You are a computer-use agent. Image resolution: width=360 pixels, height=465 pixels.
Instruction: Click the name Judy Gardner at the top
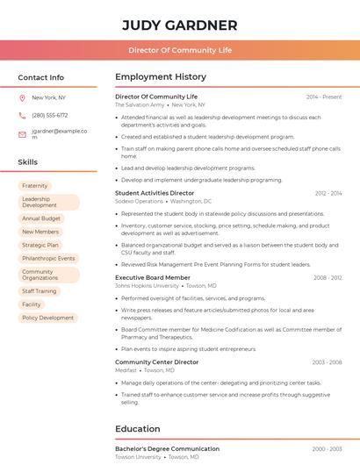[179, 25]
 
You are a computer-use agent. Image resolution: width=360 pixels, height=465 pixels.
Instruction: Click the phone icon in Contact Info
[22, 115]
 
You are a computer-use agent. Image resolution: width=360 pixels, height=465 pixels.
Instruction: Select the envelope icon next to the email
[22, 134]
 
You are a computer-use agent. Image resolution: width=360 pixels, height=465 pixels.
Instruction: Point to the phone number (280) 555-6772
[49, 115]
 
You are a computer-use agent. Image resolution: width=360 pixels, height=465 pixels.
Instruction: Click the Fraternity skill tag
[35, 186]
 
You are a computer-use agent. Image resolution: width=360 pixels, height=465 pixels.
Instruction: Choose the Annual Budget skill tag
[41, 218]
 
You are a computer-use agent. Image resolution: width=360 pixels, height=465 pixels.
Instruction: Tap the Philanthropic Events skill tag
[48, 259]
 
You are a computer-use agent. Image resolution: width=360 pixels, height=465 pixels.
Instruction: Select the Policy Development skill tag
[48, 318]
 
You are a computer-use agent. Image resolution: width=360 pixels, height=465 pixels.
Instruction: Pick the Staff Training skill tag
[39, 291]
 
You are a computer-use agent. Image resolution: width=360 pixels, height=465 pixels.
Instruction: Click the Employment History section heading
[161, 77]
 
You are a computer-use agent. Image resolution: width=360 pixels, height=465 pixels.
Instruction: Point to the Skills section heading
[28, 162]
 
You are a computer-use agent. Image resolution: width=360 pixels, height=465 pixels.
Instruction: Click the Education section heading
[138, 429]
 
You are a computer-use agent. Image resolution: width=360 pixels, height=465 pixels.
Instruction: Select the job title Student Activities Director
[155, 193]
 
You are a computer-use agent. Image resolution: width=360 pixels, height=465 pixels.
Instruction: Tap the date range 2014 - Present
[324, 97]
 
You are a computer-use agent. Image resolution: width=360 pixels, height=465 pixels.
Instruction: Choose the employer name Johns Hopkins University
[147, 286]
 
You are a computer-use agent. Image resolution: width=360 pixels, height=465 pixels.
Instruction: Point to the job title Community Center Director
[157, 361]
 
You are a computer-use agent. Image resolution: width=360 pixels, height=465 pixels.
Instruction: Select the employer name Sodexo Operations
[140, 201]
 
